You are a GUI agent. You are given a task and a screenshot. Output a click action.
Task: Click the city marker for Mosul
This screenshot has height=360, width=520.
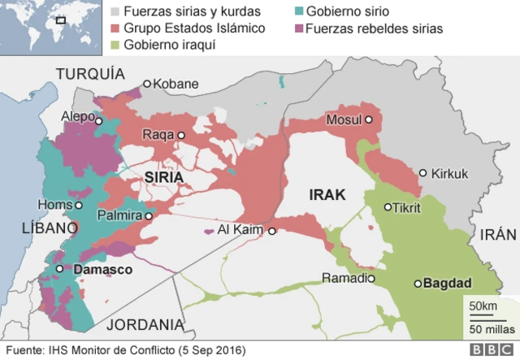pyautogui.click(x=368, y=119)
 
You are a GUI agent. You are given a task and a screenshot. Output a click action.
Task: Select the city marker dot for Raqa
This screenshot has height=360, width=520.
pyautogui.click(x=182, y=135)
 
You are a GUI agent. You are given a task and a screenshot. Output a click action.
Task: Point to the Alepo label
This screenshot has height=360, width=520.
pyautogui.click(x=78, y=117)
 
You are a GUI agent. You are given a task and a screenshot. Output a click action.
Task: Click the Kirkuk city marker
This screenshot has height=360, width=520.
pyautogui.click(x=423, y=173)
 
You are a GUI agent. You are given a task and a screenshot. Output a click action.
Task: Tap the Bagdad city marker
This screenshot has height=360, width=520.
pyautogui.click(x=418, y=284)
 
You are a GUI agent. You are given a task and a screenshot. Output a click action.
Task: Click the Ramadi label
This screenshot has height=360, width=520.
pyautogui.click(x=344, y=278)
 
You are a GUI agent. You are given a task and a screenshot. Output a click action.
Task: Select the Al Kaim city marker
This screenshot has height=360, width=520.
pyautogui.click(x=273, y=231)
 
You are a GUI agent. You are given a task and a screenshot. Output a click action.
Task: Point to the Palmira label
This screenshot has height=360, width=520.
pyautogui.click(x=119, y=216)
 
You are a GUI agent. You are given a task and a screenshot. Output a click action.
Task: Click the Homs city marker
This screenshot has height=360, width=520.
pyautogui.click(x=79, y=206)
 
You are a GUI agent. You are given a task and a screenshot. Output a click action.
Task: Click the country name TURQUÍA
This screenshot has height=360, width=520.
pyautogui.click(x=89, y=75)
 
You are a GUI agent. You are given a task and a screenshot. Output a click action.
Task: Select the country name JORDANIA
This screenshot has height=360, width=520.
pyautogui.click(x=145, y=324)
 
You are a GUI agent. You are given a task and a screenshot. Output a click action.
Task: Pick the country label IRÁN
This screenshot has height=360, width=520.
pyautogui.click(x=497, y=235)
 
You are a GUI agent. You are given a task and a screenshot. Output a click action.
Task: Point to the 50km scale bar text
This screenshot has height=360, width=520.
pyautogui.click(x=479, y=305)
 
